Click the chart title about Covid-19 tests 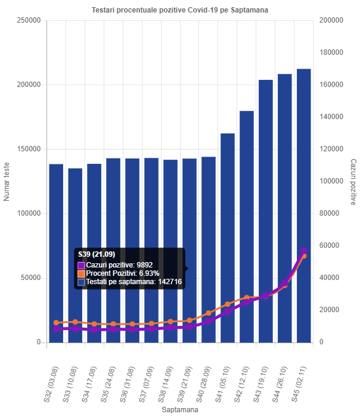[180, 11]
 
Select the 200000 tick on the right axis [331, 20]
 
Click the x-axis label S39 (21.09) [183, 381]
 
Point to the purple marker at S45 [304, 251]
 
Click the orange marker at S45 [304, 256]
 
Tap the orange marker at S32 [56, 323]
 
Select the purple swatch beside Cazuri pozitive [81, 265]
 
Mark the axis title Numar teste [7, 181]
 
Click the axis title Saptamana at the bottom [180, 410]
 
